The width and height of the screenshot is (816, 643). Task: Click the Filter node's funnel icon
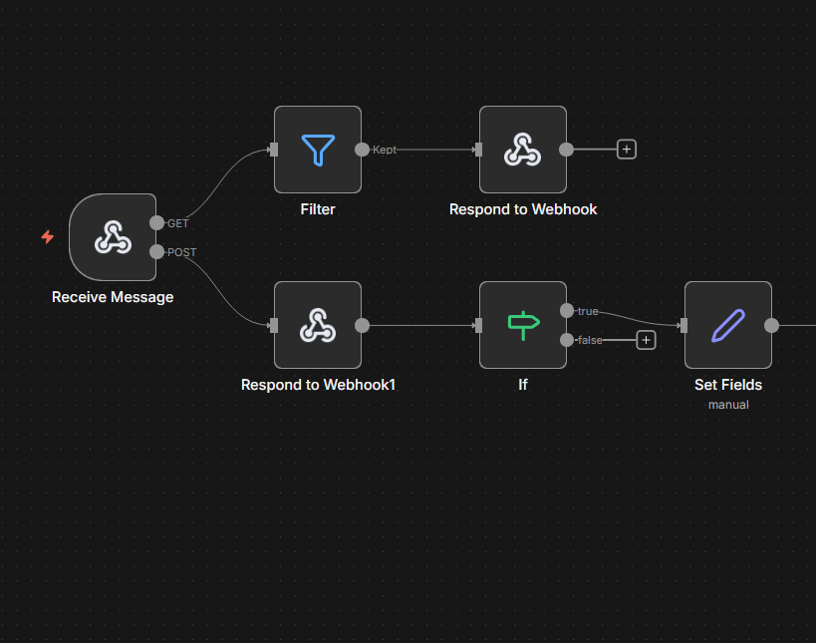pyautogui.click(x=318, y=150)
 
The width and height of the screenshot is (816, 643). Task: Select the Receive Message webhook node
pyautogui.click(x=113, y=237)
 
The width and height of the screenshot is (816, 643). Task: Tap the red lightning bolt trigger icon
pyautogui.click(x=47, y=237)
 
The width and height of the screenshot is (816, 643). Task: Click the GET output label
pyautogui.click(x=178, y=223)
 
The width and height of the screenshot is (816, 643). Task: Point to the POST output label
pyautogui.click(x=182, y=252)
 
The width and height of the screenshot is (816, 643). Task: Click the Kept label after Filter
pyautogui.click(x=385, y=150)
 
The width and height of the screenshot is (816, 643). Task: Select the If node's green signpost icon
pyautogui.click(x=523, y=325)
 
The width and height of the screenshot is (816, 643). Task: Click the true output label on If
pyautogui.click(x=588, y=311)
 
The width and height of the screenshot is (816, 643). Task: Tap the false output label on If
pyautogui.click(x=590, y=340)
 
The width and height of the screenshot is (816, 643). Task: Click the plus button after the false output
pyautogui.click(x=646, y=340)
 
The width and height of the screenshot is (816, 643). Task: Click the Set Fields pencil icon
pyautogui.click(x=728, y=325)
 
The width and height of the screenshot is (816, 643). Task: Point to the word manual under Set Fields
pyautogui.click(x=728, y=405)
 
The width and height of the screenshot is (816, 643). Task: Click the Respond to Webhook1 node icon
pyautogui.click(x=318, y=325)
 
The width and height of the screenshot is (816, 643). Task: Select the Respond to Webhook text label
pyautogui.click(x=523, y=209)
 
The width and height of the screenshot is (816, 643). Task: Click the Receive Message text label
pyautogui.click(x=113, y=297)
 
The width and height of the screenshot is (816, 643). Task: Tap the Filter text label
pyautogui.click(x=318, y=209)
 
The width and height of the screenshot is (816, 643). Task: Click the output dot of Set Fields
pyautogui.click(x=771, y=325)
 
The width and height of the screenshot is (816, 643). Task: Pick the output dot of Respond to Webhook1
pyautogui.click(x=362, y=325)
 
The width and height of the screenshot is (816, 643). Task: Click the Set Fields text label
pyautogui.click(x=728, y=385)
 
